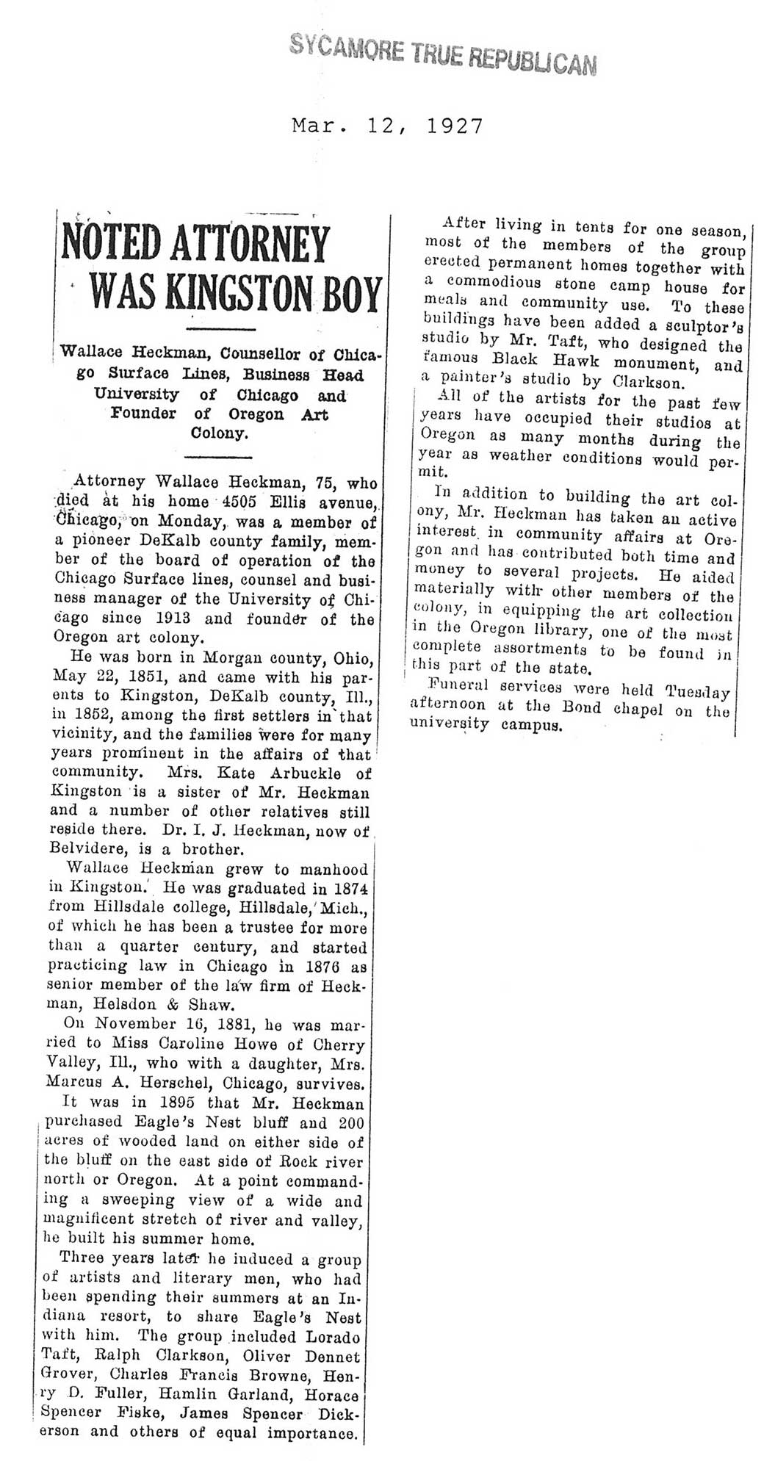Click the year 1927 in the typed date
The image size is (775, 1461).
[x=455, y=126]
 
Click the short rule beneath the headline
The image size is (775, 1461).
[x=221, y=328]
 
